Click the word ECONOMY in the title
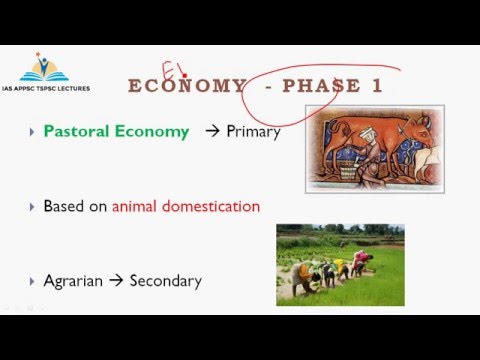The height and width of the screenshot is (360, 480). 187,85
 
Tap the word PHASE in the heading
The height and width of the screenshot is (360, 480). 321,85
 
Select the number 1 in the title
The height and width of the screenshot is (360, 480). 377,85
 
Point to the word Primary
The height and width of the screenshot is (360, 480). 253,132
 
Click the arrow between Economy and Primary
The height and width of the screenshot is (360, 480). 212,131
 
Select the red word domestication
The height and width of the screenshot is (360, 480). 211,206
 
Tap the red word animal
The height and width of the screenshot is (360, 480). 134,206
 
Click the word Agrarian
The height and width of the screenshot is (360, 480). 73,281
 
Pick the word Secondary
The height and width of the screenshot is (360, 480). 166,281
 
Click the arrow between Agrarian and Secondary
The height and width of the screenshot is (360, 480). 116,281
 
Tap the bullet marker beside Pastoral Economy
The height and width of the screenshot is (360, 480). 32,132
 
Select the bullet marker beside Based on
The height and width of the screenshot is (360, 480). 32,207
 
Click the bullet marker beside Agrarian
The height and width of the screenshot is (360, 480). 32,282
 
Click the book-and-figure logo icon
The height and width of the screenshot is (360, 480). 44,67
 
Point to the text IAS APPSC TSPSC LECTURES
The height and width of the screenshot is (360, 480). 46,88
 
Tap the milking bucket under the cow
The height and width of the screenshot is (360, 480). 348,172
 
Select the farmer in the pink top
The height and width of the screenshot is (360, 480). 361,262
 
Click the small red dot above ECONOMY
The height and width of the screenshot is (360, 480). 185,76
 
